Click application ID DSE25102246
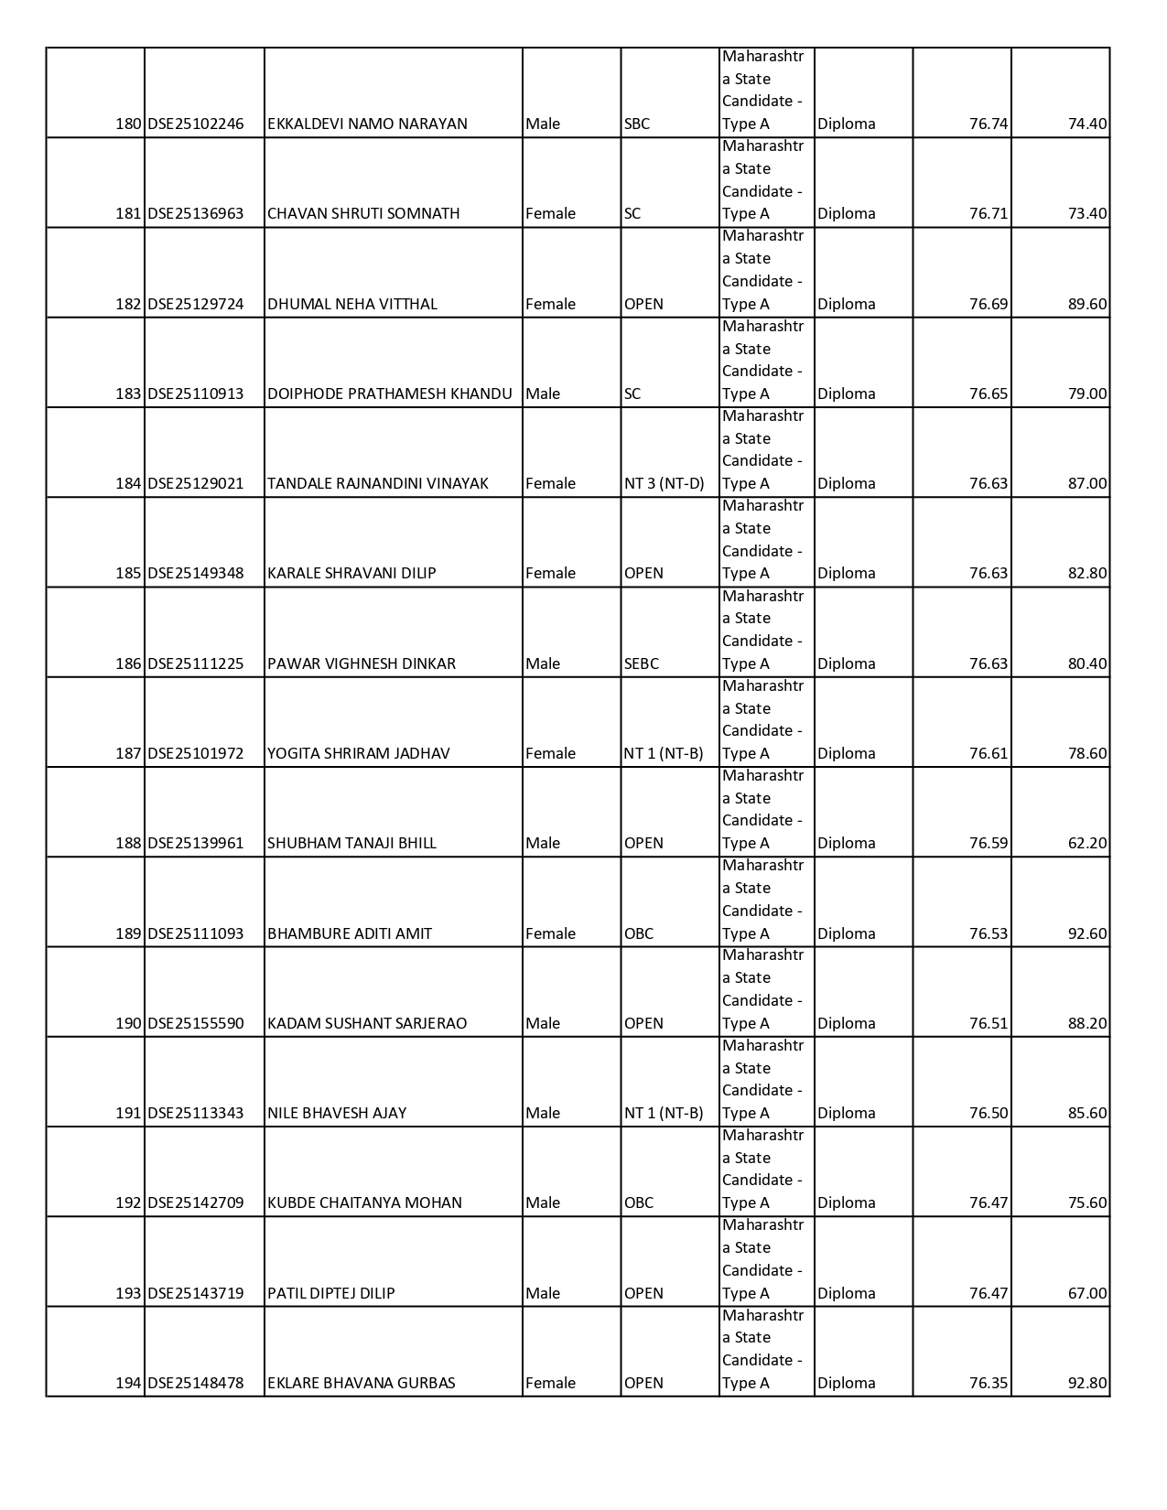point(196,124)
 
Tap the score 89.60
point(1086,304)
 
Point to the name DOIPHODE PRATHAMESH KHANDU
point(389,394)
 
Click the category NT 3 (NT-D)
point(664,483)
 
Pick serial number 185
point(128,573)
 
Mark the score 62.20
point(1086,843)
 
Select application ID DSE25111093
point(196,933)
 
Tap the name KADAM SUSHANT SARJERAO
point(366,1023)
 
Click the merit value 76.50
point(988,1113)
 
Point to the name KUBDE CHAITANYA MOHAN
point(364,1203)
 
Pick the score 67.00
point(1086,1293)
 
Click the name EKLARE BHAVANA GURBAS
point(361,1383)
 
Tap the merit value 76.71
point(988,213)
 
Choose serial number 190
point(128,1023)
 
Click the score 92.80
point(1086,1383)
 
